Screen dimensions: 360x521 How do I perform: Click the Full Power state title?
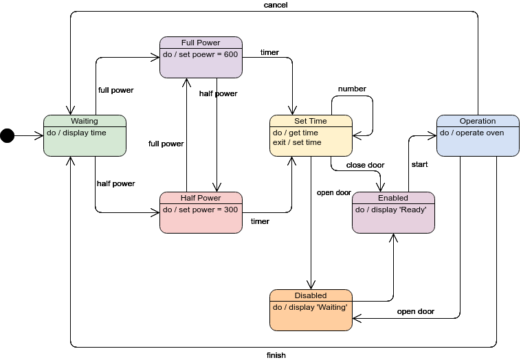[201, 43]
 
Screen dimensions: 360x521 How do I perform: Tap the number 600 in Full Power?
[231, 55]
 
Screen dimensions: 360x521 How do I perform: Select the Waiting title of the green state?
[85, 121]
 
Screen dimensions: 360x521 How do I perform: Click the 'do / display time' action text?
[76, 133]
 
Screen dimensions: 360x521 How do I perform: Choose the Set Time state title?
[311, 121]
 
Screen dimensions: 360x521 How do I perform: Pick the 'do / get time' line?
[296, 133]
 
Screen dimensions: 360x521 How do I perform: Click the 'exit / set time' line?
[297, 143]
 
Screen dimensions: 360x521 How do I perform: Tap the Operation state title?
[478, 121]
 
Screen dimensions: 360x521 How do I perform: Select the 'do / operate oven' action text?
[472, 133]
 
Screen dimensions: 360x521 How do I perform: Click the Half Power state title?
[201, 198]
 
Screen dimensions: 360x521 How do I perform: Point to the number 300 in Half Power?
[231, 210]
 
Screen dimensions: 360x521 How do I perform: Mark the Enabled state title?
[393, 198]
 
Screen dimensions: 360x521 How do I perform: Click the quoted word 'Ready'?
[413, 210]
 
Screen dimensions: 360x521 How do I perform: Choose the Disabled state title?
[311, 295]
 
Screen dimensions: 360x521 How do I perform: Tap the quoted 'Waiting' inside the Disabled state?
[332, 308]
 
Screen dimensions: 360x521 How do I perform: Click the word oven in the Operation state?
[495, 133]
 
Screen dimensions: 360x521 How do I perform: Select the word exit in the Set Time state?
[279, 143]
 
